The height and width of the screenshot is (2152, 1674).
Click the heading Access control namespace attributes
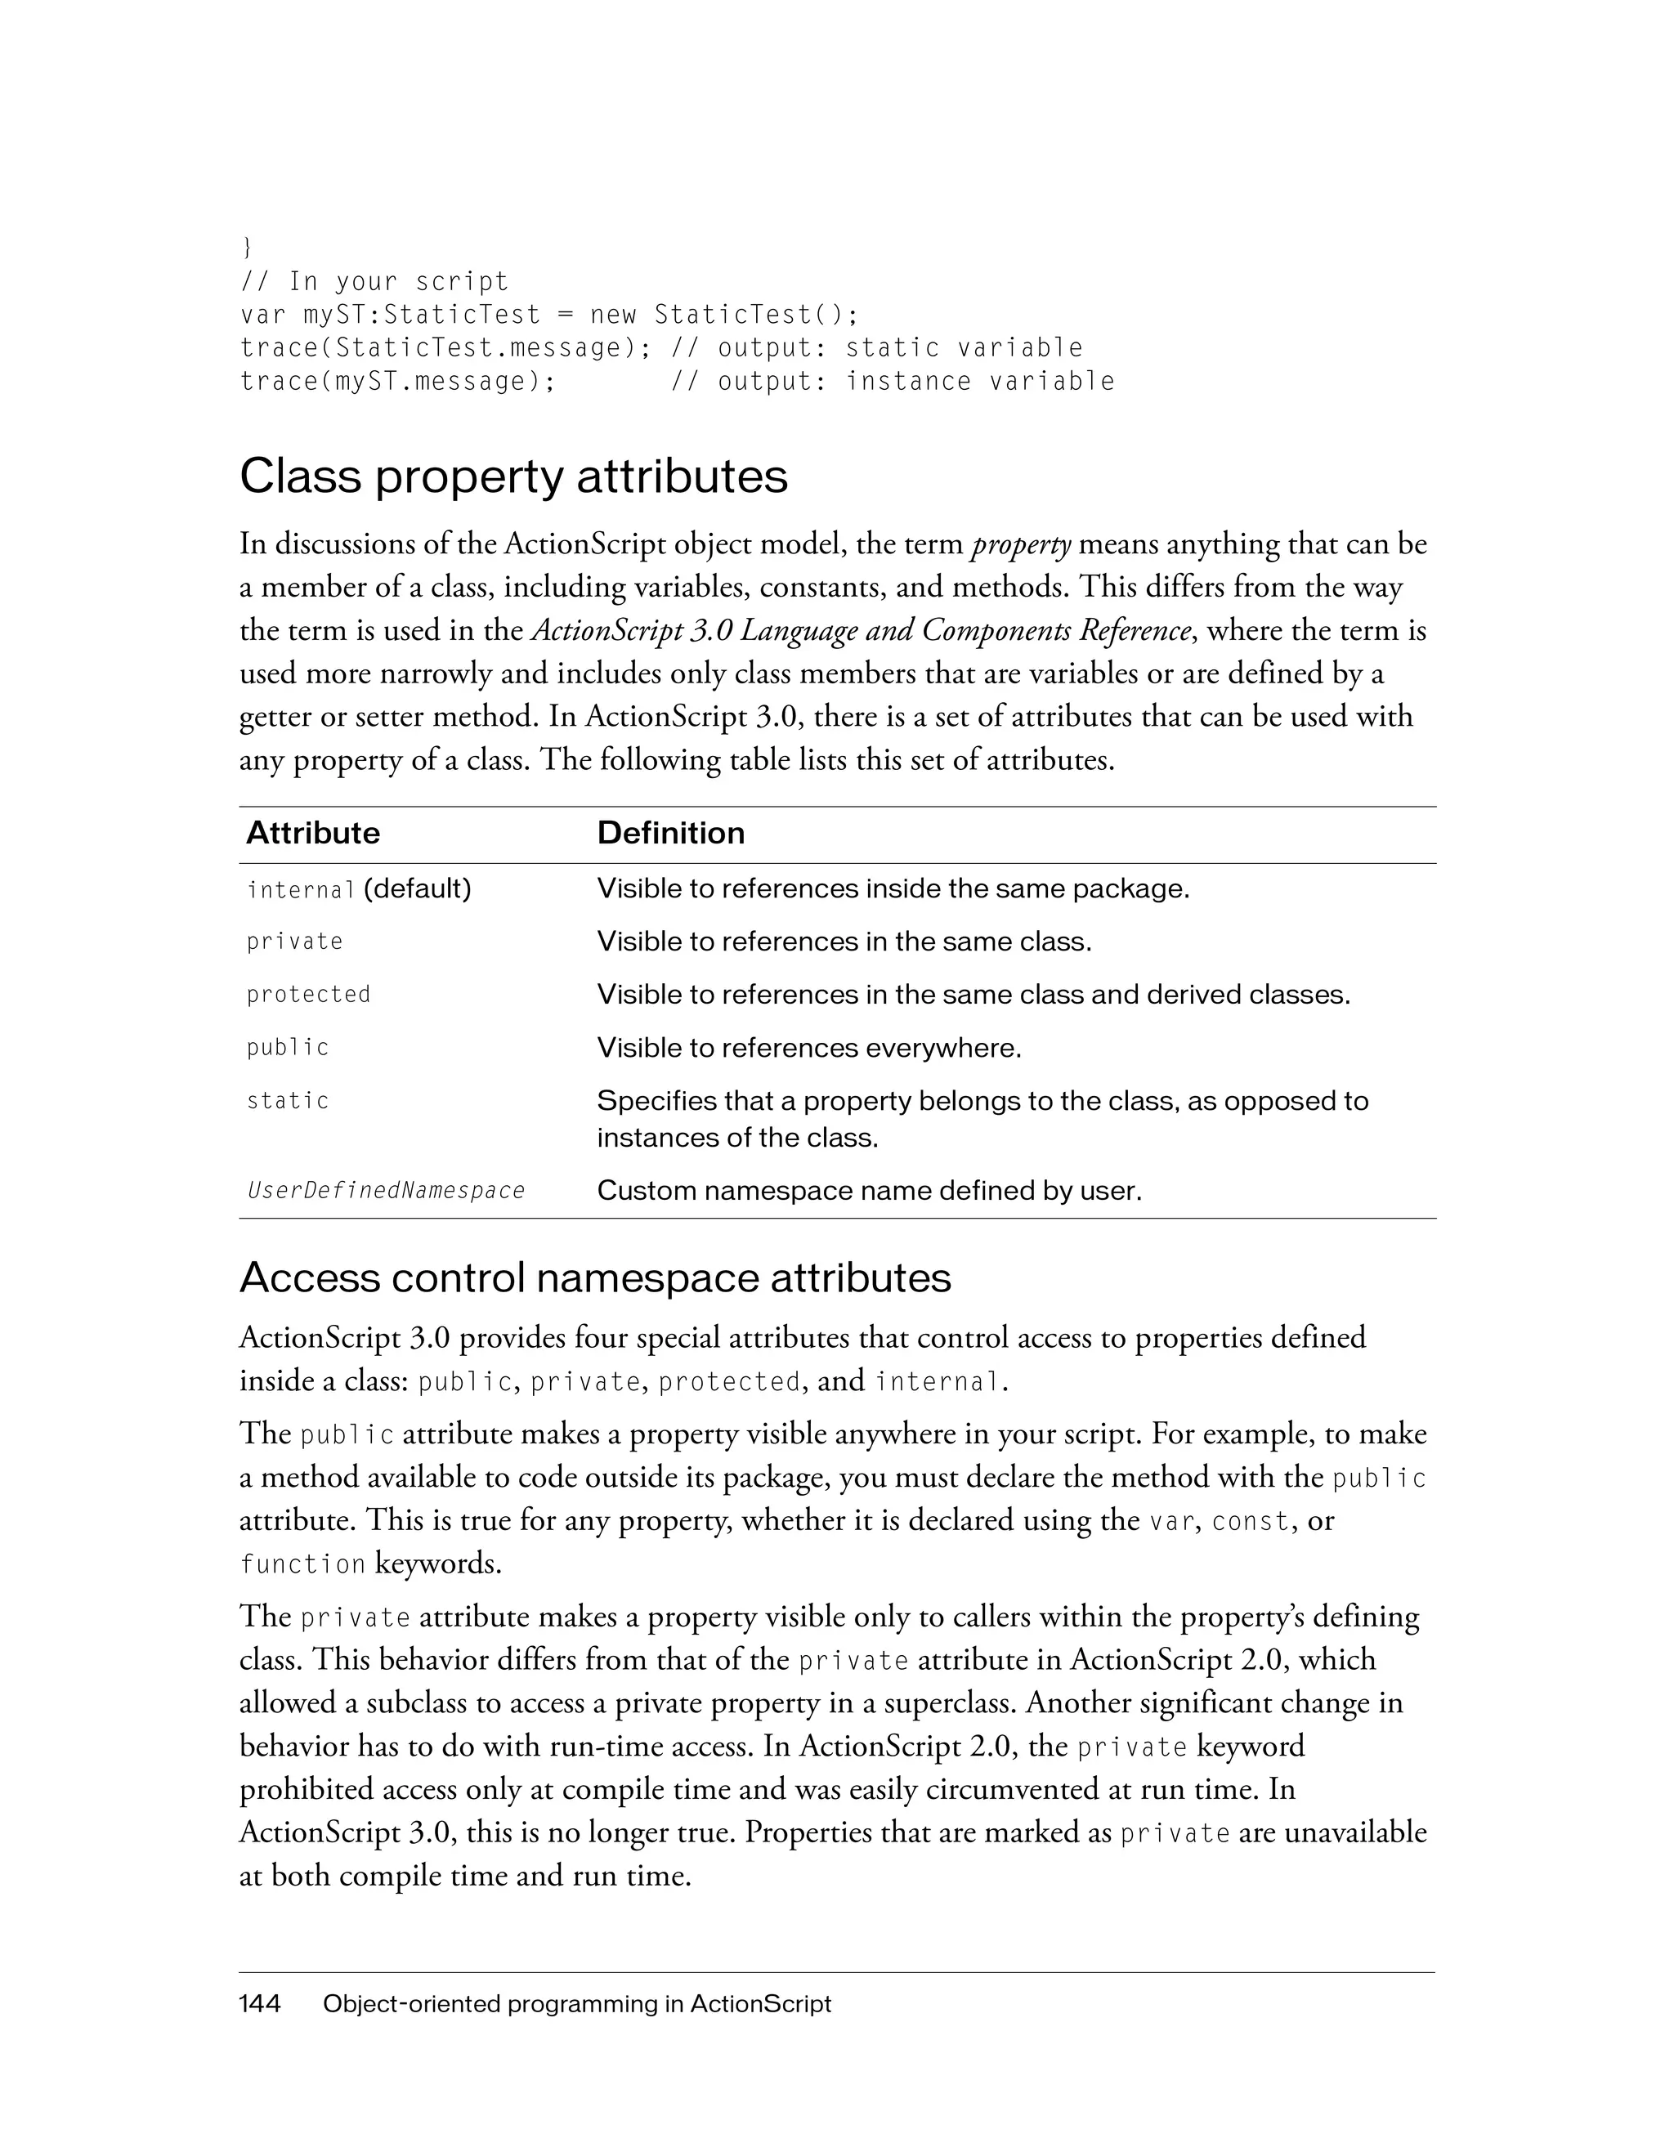click(595, 1278)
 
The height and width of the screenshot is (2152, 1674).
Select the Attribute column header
click(312, 834)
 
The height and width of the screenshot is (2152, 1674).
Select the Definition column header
click(670, 834)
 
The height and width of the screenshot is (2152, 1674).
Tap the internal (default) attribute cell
click(359, 890)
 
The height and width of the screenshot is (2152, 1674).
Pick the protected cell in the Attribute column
click(308, 995)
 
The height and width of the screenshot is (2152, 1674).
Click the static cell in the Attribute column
click(288, 1101)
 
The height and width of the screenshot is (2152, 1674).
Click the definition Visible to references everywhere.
click(809, 1049)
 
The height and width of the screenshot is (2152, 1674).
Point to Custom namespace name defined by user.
click(869, 1192)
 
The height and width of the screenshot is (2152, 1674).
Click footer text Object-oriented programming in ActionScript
click(576, 2004)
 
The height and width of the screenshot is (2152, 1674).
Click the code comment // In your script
click(374, 282)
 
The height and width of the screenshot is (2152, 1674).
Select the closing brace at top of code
click(245, 246)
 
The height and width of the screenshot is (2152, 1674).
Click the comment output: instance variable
click(915, 383)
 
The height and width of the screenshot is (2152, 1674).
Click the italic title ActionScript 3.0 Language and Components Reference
click(859, 631)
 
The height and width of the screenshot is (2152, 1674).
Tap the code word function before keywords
click(302, 1564)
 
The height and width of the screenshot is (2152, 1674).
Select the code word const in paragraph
click(1249, 1521)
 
